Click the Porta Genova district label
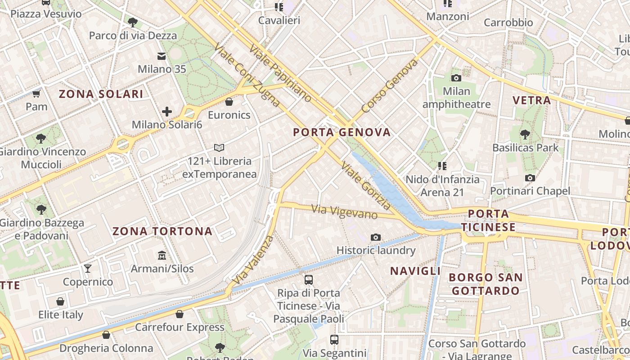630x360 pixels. click(x=342, y=132)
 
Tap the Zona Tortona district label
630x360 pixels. click(x=162, y=231)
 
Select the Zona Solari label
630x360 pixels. click(x=101, y=94)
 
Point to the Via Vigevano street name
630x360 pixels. click(x=345, y=211)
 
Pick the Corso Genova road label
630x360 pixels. click(x=389, y=86)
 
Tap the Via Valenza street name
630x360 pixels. click(x=253, y=260)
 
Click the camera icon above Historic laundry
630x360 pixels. click(x=376, y=237)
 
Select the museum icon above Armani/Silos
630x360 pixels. click(x=162, y=256)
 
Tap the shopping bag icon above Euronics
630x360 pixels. click(x=229, y=102)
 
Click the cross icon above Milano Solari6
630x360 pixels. click(x=167, y=111)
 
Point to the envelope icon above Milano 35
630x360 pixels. click(x=162, y=56)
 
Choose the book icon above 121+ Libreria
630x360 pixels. click(x=219, y=148)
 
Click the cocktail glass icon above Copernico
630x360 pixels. click(x=88, y=269)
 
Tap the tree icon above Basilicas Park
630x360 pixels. click(x=525, y=134)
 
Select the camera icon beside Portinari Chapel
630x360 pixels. click(x=530, y=178)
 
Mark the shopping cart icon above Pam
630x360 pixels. click(x=36, y=94)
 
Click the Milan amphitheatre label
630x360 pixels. click(x=456, y=98)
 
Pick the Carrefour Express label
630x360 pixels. click(x=180, y=327)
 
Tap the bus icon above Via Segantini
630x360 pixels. click(x=334, y=339)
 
